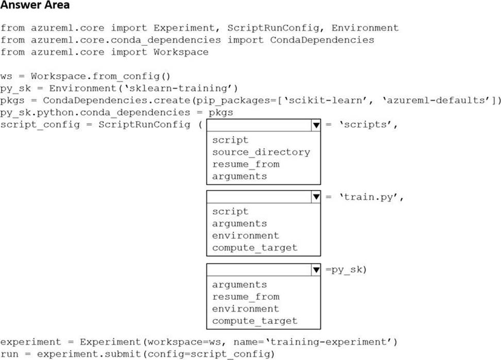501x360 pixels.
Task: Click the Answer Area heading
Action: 36,6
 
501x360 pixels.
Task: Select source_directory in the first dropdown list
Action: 261,152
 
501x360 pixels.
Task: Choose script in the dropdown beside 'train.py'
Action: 230,211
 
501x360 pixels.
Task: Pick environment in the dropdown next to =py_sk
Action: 245,308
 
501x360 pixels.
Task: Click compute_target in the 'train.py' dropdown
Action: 254,248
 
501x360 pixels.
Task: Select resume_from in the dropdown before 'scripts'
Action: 245,164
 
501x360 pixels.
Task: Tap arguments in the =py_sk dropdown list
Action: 239,284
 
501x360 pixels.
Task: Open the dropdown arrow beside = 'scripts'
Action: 316,125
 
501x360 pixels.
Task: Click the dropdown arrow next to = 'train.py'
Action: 316,197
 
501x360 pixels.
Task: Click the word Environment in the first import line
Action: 365,28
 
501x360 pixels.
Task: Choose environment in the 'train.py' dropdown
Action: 245,235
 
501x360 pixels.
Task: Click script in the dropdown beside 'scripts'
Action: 230,140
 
